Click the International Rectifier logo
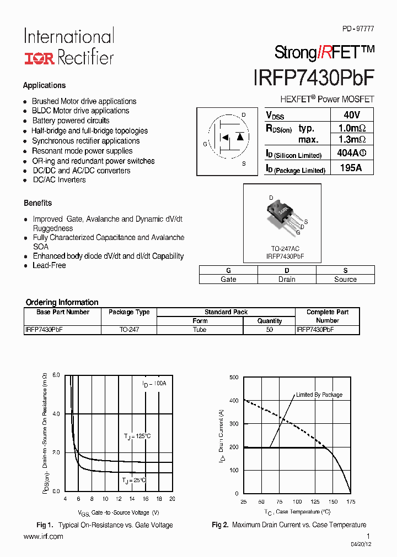(68, 47)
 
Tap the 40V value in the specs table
(351, 115)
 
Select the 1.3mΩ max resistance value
(351, 140)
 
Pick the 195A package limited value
(351, 168)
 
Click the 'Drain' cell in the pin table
(287, 279)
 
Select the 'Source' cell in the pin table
(345, 279)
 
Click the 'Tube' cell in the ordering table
(200, 330)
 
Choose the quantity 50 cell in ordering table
(269, 330)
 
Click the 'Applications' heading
(44, 85)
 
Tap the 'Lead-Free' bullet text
(49, 265)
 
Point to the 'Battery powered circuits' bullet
(71, 121)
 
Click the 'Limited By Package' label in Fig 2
(319, 395)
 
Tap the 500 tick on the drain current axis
(233, 377)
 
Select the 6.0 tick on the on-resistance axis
(56, 375)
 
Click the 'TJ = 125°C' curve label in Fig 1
(137, 436)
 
